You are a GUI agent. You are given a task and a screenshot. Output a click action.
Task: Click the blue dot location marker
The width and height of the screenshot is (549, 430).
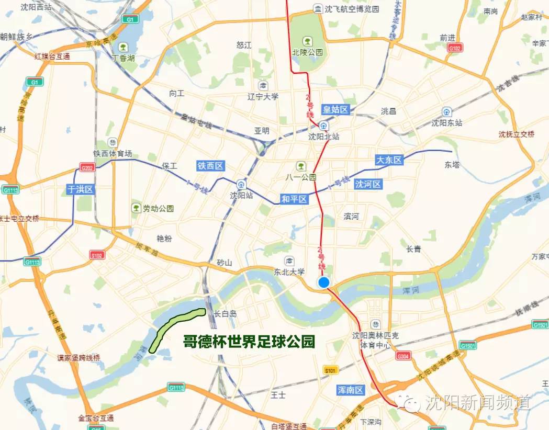tap(323, 282)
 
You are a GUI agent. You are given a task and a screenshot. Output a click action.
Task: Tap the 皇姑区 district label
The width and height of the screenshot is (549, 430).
tap(335, 109)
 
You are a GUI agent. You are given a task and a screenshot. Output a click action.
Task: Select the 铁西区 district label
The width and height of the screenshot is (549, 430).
tap(210, 166)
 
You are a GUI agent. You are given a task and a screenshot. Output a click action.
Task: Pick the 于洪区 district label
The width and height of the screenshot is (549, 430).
tap(81, 189)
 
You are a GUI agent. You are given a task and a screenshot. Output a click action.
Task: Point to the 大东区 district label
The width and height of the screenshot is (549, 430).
tap(389, 160)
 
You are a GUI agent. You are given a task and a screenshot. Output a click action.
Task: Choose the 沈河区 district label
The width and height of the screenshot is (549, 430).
tap(368, 184)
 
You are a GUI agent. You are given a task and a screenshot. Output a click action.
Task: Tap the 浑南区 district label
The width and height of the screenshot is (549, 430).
tap(350, 390)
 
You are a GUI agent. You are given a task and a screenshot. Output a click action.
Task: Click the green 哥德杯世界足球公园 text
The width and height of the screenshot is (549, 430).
tap(249, 342)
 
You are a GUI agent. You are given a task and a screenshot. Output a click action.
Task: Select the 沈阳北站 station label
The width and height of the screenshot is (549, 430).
tap(323, 137)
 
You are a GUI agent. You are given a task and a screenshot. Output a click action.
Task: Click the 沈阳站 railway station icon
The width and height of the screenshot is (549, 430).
tap(240, 184)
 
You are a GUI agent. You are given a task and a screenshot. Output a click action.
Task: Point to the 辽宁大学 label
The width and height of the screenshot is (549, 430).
tap(263, 96)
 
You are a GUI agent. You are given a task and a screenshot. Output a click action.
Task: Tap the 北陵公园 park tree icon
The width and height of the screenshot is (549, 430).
tap(307, 40)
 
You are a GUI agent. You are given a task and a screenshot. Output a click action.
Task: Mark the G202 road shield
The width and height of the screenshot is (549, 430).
tap(88, 167)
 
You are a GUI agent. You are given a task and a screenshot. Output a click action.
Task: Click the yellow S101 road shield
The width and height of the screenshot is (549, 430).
tap(330, 370)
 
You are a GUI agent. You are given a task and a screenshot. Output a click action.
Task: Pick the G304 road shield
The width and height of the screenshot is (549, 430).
tap(402, 356)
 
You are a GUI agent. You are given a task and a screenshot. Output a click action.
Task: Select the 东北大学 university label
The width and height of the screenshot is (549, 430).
tap(289, 271)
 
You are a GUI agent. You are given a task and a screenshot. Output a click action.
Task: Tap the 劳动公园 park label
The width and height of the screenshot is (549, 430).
tap(159, 208)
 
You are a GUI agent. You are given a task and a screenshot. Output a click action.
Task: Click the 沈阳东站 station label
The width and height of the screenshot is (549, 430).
tap(447, 123)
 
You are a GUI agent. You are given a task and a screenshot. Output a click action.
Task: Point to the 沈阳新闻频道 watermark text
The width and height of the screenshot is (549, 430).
tap(477, 402)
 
